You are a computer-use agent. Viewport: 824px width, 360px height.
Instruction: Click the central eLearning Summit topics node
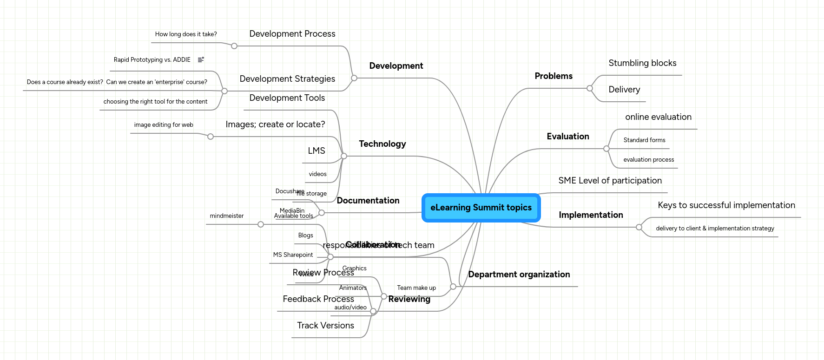click(x=481, y=208)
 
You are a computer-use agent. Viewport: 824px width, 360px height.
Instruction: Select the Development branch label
click(x=396, y=66)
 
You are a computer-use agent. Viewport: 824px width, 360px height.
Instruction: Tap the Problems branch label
click(x=553, y=76)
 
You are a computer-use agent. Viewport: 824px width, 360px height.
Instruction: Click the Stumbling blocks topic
click(x=642, y=63)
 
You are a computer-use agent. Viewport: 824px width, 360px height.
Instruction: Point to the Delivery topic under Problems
click(x=624, y=90)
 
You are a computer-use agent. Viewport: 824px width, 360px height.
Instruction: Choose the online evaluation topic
click(x=658, y=117)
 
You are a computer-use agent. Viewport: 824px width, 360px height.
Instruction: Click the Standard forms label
click(x=644, y=140)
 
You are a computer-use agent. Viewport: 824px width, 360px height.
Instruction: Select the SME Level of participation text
click(x=610, y=181)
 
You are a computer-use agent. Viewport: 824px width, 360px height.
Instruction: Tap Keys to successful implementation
click(x=726, y=205)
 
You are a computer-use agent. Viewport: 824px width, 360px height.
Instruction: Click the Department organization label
click(x=519, y=275)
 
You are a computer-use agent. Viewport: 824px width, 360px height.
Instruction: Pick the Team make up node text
click(x=416, y=288)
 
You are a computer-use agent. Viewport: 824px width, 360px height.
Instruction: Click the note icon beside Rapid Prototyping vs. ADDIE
click(x=201, y=60)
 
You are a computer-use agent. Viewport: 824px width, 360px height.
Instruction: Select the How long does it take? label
click(x=186, y=34)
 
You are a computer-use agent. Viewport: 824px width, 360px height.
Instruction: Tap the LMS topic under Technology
click(x=316, y=151)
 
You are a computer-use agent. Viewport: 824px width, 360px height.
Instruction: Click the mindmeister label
click(x=226, y=216)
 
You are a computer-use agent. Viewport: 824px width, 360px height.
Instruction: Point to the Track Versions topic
click(x=325, y=326)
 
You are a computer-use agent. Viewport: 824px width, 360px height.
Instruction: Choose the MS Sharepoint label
click(x=293, y=255)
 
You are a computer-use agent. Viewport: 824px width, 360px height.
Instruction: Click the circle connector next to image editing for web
click(x=211, y=137)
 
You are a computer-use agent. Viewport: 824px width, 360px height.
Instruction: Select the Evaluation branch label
click(x=567, y=137)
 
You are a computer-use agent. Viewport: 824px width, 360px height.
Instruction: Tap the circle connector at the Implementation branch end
click(x=639, y=227)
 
